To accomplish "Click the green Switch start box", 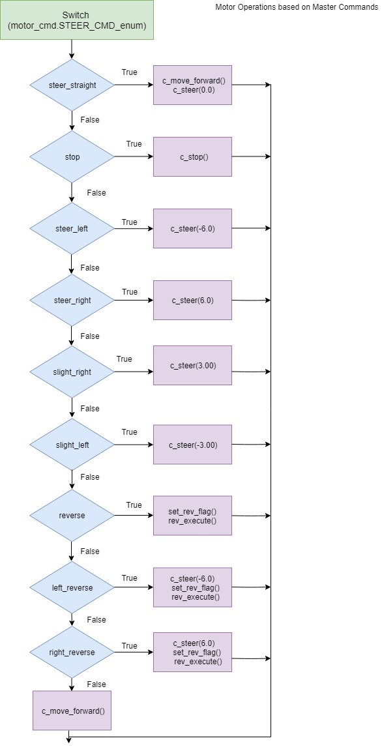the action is (x=77, y=20).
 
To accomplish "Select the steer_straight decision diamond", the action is (x=72, y=85).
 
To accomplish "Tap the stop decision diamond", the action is (x=72, y=156).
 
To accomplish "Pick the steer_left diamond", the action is (x=72, y=228).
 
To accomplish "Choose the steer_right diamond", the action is (x=72, y=301).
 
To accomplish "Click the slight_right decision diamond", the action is (x=72, y=372).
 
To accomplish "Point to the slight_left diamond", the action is (x=72, y=444).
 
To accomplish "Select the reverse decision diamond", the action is (x=72, y=516).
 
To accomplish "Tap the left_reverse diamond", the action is (x=72, y=587).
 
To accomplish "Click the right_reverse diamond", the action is (x=72, y=652).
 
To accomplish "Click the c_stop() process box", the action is (x=192, y=156).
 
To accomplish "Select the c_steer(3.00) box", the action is (x=192, y=366).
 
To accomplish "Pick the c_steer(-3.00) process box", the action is (x=192, y=445).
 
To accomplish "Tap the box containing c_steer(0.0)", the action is (x=192, y=85).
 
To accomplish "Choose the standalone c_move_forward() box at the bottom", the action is (x=72, y=711).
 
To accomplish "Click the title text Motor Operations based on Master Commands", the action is (x=297, y=7).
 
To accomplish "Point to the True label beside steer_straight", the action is (x=130, y=72).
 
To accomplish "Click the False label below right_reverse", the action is (x=96, y=684).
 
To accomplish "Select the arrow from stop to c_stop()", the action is (x=134, y=156).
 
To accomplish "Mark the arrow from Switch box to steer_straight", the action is (x=72, y=49).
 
